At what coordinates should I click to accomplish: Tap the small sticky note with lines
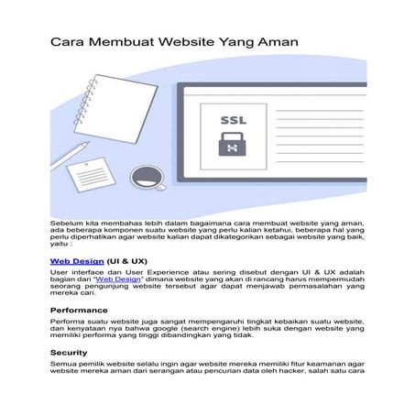click(90, 170)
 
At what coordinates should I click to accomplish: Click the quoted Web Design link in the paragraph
click(148, 282)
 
